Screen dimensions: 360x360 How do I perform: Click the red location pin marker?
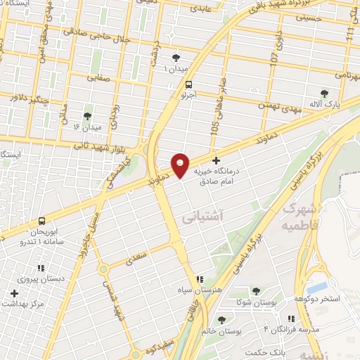(x=181, y=165)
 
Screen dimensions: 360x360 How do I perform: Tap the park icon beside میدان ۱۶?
(x=87, y=116)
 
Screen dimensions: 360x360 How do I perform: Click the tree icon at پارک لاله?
(x=323, y=94)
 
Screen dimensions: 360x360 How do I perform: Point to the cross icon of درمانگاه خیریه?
(x=216, y=161)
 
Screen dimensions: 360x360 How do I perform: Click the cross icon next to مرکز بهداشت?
(x=13, y=292)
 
